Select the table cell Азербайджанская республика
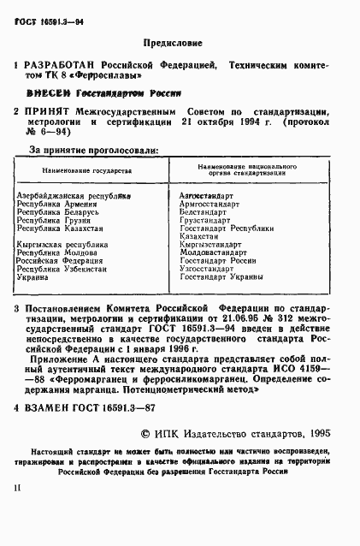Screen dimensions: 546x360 point(71,197)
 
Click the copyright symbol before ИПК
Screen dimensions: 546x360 point(145,433)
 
